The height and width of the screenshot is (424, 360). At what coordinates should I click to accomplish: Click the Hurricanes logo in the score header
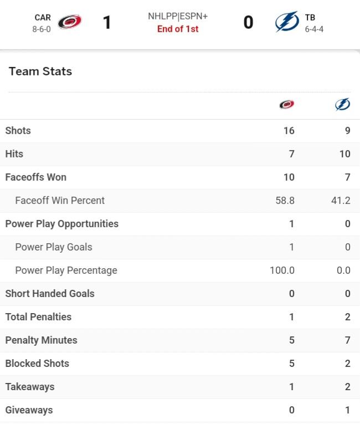pyautogui.click(x=70, y=22)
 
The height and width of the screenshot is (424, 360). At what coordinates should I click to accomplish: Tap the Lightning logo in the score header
pyautogui.click(x=287, y=22)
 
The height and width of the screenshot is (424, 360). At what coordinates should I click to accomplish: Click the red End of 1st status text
pyautogui.click(x=178, y=29)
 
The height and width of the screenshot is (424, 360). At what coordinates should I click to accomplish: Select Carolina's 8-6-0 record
pyautogui.click(x=42, y=29)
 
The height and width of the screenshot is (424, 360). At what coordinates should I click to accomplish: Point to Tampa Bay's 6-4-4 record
pyautogui.click(x=314, y=29)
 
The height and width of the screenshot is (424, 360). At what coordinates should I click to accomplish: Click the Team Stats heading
pyautogui.click(x=40, y=71)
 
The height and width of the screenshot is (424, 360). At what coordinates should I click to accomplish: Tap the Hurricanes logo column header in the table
pyautogui.click(x=287, y=104)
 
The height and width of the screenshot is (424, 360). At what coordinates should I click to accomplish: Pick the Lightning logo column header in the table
pyautogui.click(x=343, y=104)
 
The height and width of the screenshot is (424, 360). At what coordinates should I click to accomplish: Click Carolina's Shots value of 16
pyautogui.click(x=289, y=131)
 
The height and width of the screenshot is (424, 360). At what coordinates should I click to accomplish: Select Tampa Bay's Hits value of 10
pyautogui.click(x=345, y=154)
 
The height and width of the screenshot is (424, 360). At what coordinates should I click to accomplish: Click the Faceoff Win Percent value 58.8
pyautogui.click(x=285, y=201)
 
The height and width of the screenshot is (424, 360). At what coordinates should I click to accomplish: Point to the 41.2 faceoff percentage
pyautogui.click(x=341, y=201)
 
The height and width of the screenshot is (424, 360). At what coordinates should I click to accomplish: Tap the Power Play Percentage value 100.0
pyautogui.click(x=282, y=270)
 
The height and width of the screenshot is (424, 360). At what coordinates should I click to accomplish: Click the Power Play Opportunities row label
pyautogui.click(x=62, y=224)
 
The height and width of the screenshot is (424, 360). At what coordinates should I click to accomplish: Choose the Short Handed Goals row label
pyautogui.click(x=50, y=294)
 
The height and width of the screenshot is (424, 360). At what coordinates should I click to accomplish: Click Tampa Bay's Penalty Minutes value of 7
pyautogui.click(x=348, y=340)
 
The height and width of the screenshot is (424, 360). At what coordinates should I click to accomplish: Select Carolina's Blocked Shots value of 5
pyautogui.click(x=292, y=363)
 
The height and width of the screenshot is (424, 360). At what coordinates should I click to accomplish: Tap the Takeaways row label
pyautogui.click(x=30, y=387)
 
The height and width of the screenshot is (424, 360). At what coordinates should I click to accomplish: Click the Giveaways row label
pyautogui.click(x=29, y=410)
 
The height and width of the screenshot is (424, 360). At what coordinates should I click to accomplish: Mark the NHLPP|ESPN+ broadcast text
pyautogui.click(x=178, y=16)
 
